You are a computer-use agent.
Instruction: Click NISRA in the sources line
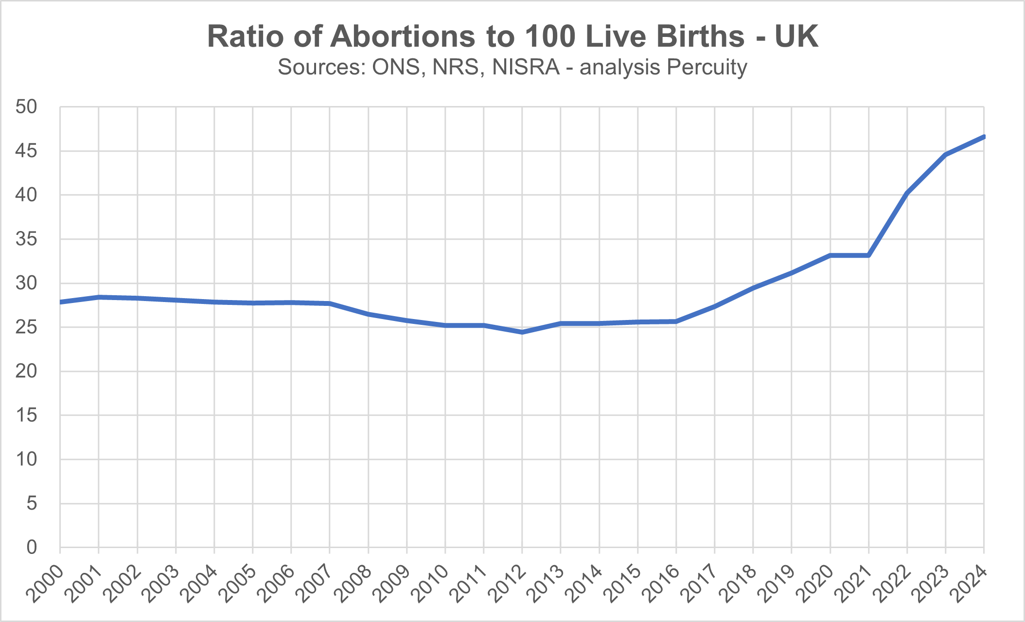526,67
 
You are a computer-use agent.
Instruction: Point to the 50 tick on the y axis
26,107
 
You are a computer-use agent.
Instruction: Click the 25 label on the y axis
26,327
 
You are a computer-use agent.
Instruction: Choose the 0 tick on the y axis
32,548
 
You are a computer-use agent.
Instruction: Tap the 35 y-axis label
26,239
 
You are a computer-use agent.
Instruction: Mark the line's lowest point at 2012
522,332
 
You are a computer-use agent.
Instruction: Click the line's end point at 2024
984,137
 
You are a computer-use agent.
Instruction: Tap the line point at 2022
907,193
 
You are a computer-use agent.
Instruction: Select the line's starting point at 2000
60,302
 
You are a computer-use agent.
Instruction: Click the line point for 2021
868,255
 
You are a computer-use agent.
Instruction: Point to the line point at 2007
330,303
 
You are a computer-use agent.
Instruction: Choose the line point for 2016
676,321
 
